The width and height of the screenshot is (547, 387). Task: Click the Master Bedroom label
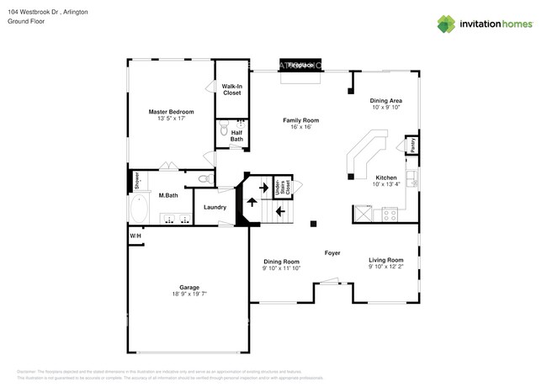pos(170,112)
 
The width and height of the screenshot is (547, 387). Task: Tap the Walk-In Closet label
pos(231,90)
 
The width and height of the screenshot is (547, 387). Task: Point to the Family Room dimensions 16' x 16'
pos(300,128)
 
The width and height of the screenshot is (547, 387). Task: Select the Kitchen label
pos(386,178)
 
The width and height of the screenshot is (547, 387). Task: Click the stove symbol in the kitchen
pos(390,213)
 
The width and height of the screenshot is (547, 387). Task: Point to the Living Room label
pos(385,260)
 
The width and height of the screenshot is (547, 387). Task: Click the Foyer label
pos(332,252)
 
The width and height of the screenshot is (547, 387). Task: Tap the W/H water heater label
pos(135,236)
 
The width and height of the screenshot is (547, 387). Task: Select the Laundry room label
pos(214,207)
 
